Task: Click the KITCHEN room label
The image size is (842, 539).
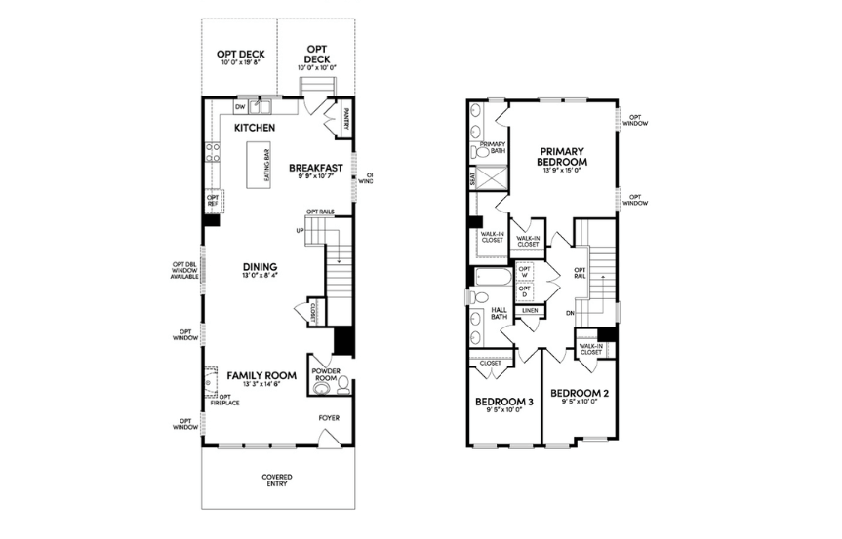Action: [x=255, y=128]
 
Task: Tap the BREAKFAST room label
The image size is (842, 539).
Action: [x=315, y=167]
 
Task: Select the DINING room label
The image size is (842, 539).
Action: [x=261, y=266]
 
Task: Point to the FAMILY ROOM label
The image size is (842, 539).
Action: [x=261, y=374]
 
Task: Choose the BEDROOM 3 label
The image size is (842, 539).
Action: [x=504, y=402]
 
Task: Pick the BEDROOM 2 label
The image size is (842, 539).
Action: [x=580, y=393]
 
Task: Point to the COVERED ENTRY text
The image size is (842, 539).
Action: [x=276, y=481]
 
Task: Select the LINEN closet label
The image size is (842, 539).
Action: [x=530, y=310]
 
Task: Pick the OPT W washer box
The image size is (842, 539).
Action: [x=525, y=271]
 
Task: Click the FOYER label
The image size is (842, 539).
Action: [x=330, y=419]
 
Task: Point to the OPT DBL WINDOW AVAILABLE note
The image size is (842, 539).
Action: [x=183, y=270]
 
